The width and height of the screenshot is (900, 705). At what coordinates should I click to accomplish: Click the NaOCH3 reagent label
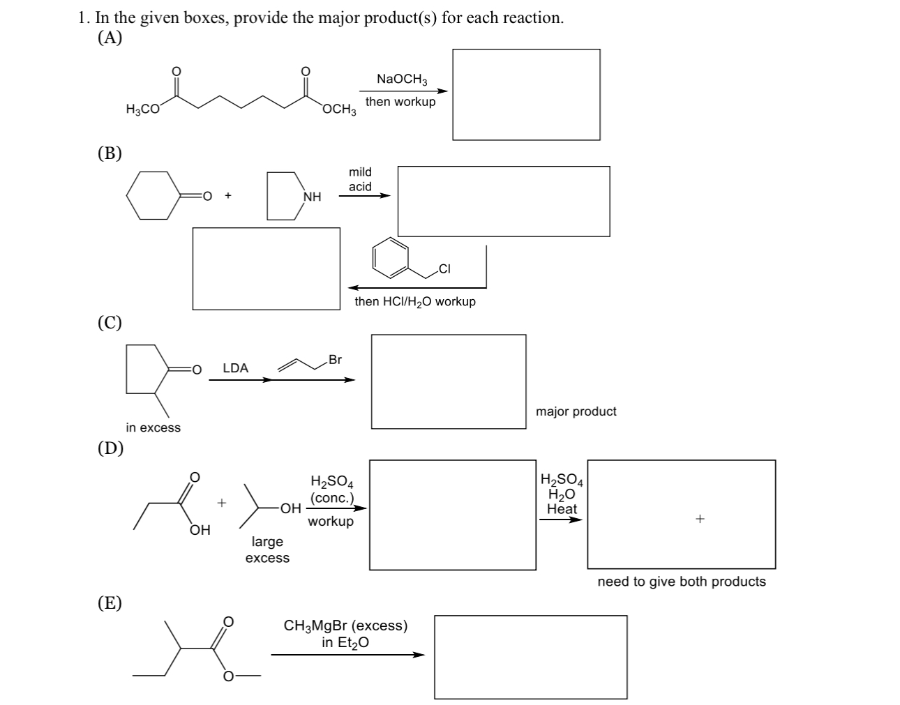(402, 79)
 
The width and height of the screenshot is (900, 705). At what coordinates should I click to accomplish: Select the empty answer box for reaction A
(526, 94)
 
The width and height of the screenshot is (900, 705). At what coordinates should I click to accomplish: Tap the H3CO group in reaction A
(142, 109)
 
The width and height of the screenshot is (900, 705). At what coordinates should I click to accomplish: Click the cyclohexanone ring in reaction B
(152, 195)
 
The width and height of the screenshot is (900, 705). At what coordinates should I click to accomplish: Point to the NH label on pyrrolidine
(312, 197)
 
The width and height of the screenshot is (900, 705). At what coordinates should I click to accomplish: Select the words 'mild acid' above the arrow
(360, 179)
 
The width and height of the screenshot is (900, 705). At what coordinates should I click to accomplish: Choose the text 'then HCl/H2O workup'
(415, 302)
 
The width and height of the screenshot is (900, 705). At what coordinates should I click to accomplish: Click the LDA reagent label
(235, 368)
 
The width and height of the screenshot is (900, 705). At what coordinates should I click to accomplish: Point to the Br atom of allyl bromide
(335, 360)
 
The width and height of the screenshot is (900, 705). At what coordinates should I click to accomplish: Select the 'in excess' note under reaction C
(153, 427)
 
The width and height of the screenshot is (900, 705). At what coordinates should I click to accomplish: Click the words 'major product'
(576, 411)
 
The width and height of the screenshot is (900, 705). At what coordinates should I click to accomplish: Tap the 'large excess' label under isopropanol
(267, 549)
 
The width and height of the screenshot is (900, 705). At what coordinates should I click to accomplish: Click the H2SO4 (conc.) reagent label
(331, 490)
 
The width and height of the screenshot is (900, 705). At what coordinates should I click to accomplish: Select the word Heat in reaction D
(562, 509)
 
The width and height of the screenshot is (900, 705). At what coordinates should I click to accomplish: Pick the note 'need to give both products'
(681, 582)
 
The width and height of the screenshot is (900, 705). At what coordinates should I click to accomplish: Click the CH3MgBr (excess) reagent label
(345, 626)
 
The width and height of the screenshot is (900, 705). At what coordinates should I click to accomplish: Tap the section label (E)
(110, 602)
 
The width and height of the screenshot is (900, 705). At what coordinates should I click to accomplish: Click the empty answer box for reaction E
(530, 656)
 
